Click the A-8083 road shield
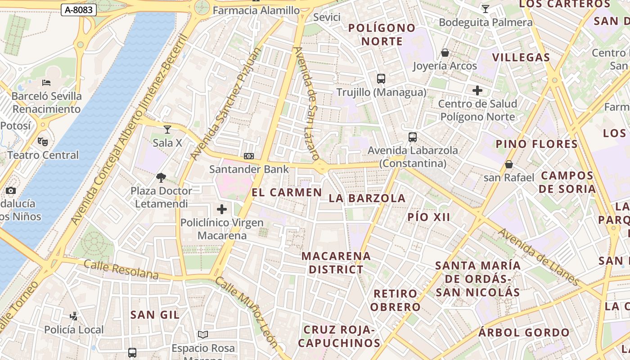(79, 9)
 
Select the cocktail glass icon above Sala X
(167, 130)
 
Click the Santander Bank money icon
(249, 156)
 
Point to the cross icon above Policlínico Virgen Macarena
(222, 209)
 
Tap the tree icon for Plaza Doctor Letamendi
(161, 178)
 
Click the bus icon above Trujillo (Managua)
(381, 79)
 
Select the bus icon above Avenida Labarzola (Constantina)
(413, 137)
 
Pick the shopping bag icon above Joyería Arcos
(445, 53)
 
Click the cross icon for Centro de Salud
(477, 90)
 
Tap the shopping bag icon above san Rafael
(509, 164)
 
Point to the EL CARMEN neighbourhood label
(287, 193)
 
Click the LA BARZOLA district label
(367, 198)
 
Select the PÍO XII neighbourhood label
(429, 217)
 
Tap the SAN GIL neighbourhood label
(155, 315)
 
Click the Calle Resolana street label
(121, 269)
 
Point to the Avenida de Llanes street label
(539, 257)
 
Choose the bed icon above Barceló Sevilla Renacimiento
(46, 83)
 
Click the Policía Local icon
(74, 316)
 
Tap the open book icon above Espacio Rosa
(203, 334)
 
